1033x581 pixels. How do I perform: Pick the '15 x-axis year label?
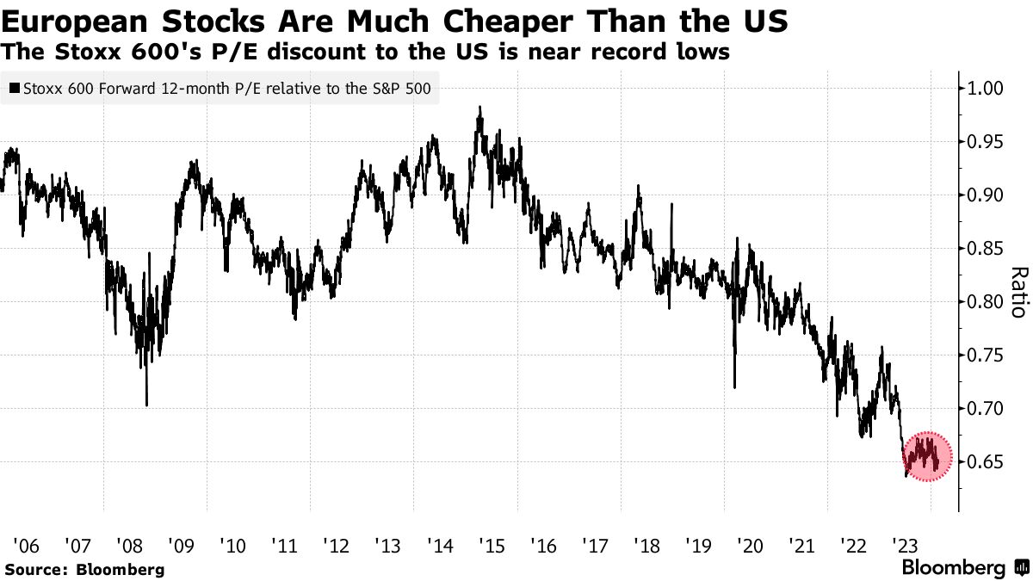pyautogui.click(x=492, y=545)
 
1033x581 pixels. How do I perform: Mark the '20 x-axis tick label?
pyautogui.click(x=750, y=545)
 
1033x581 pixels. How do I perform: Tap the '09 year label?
pyautogui.click(x=182, y=545)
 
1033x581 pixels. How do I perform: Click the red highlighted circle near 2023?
pyautogui.click(x=926, y=456)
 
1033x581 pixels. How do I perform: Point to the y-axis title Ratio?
pyautogui.click(x=1018, y=293)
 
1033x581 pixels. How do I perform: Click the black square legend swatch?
pyautogui.click(x=14, y=88)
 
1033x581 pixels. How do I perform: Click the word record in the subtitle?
pyautogui.click(x=630, y=53)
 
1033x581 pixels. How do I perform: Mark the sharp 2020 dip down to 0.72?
pyautogui.click(x=734, y=386)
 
